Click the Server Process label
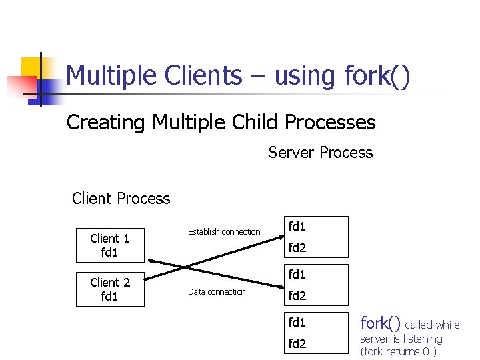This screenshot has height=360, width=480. coord(321,153)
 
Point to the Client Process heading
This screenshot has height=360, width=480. coord(121,199)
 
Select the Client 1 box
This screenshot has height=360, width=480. coord(109,245)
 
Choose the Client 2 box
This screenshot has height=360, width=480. coord(109,289)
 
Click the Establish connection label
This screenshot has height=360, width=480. coord(224,232)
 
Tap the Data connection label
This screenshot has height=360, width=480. coord(217,292)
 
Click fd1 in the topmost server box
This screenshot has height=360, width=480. coord(297,226)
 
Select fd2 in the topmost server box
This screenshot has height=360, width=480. coord(297,248)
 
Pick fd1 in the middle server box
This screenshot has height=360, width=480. coord(297,274)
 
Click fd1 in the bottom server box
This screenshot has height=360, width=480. coord(297,323)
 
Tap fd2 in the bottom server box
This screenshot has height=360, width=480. coord(297,344)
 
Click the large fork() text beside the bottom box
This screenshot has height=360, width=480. coord(381,323)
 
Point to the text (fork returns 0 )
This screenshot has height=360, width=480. coord(399,351)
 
